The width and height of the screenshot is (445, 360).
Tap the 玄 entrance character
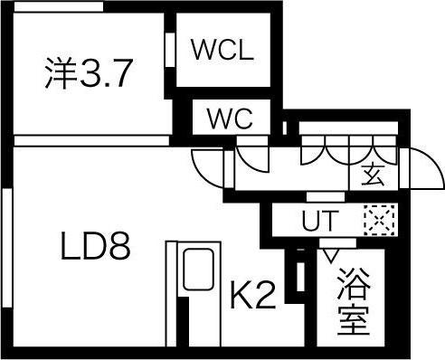pyautogui.click(x=373, y=175)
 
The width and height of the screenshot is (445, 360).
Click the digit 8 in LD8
pyautogui.click(x=120, y=246)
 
